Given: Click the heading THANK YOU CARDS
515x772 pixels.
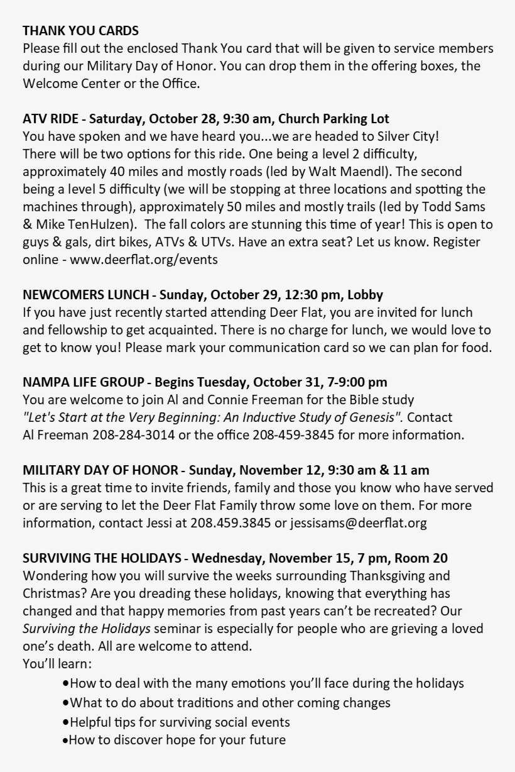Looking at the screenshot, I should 80,30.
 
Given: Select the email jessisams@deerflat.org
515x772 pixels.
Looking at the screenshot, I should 359,523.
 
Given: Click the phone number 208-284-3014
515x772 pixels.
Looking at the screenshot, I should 134,435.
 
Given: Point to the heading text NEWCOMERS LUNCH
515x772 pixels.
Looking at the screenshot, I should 85,295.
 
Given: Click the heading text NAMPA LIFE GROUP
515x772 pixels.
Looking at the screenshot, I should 83,382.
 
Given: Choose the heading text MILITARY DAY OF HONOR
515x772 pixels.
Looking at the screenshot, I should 100,470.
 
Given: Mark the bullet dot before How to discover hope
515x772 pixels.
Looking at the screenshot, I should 65,741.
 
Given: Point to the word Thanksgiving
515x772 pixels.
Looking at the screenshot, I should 389,576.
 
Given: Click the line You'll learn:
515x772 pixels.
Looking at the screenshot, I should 57,664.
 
